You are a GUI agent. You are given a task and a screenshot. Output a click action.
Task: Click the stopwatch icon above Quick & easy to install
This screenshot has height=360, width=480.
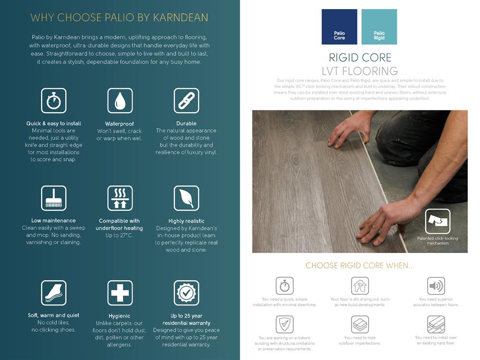click(x=54, y=101)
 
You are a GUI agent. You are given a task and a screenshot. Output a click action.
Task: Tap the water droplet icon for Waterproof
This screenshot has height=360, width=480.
click(x=120, y=101)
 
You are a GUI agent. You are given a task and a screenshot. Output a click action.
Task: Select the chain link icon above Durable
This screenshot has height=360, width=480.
click(x=186, y=101)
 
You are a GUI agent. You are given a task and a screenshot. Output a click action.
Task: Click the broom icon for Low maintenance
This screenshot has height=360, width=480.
click(x=54, y=198)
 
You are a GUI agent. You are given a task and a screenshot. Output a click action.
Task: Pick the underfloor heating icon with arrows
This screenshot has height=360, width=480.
click(x=120, y=198)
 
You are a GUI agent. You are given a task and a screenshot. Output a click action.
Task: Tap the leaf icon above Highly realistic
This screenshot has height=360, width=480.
click(x=186, y=198)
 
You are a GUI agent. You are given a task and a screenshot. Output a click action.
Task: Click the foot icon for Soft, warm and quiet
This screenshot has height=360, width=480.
click(x=54, y=293)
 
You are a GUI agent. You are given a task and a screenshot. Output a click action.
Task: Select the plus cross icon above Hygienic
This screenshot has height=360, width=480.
click(x=120, y=293)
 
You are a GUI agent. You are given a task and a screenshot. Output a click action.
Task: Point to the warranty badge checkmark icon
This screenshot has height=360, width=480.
click(x=186, y=293)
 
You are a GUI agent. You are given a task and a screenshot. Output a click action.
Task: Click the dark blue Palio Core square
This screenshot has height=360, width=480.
click(x=339, y=26)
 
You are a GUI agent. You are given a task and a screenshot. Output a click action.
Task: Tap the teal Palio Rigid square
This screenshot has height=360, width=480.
click(x=379, y=26)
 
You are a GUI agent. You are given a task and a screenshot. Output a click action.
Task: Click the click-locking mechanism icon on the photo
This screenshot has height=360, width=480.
click(x=438, y=221)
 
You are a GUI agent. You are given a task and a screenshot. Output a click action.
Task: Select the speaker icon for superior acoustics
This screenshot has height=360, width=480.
click(x=436, y=286)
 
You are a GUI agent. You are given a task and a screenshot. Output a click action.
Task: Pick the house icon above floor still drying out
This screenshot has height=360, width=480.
click(x=360, y=286)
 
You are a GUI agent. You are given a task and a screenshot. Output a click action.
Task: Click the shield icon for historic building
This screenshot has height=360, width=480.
click(x=285, y=324)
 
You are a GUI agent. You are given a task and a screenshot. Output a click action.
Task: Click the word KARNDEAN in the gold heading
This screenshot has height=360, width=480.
click(x=180, y=17)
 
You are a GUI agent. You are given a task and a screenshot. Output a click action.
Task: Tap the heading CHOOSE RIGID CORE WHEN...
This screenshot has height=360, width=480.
click(x=360, y=265)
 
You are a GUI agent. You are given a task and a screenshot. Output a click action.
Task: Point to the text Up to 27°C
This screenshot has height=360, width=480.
click(x=119, y=235)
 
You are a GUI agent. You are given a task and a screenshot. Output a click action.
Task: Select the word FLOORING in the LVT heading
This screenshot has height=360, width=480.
click(x=370, y=71)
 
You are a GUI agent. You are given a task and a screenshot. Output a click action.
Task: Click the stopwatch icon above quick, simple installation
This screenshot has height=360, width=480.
click(x=285, y=286)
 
